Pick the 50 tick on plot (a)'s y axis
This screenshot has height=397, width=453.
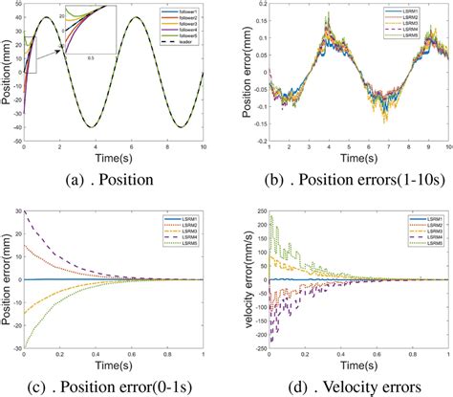coord(19,10)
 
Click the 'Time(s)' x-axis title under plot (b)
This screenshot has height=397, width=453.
coord(358,157)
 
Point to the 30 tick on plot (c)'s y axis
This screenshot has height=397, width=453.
coord(19,211)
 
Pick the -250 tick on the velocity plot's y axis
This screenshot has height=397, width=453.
coord(257,339)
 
